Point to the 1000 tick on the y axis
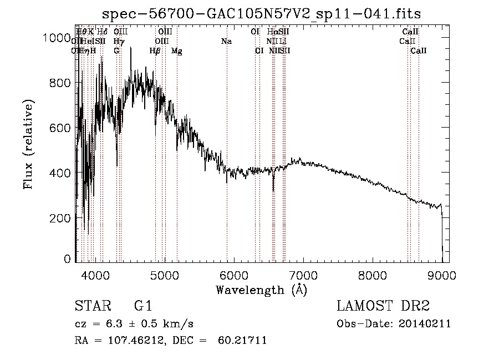click(57, 38)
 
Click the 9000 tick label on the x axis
click(442, 275)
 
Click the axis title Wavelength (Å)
click(261, 290)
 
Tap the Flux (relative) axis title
click(29, 144)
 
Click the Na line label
click(226, 41)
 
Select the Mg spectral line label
click(176, 50)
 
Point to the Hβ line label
click(155, 50)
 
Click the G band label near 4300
click(116, 50)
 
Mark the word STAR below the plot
click(89, 307)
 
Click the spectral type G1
click(143, 307)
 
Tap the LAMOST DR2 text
click(383, 307)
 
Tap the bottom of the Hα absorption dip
click(273, 191)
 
